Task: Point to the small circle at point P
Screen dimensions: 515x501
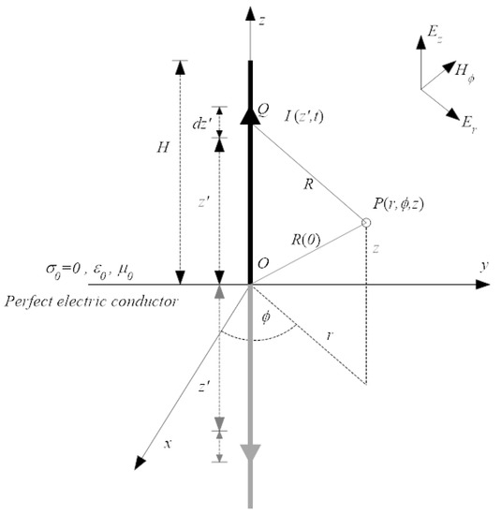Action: click(366, 223)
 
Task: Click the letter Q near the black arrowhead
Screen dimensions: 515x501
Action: click(264, 110)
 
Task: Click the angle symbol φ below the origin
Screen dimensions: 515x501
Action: click(265, 316)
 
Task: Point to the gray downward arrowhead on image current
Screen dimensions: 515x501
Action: click(249, 454)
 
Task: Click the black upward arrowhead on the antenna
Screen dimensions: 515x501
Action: click(249, 114)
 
